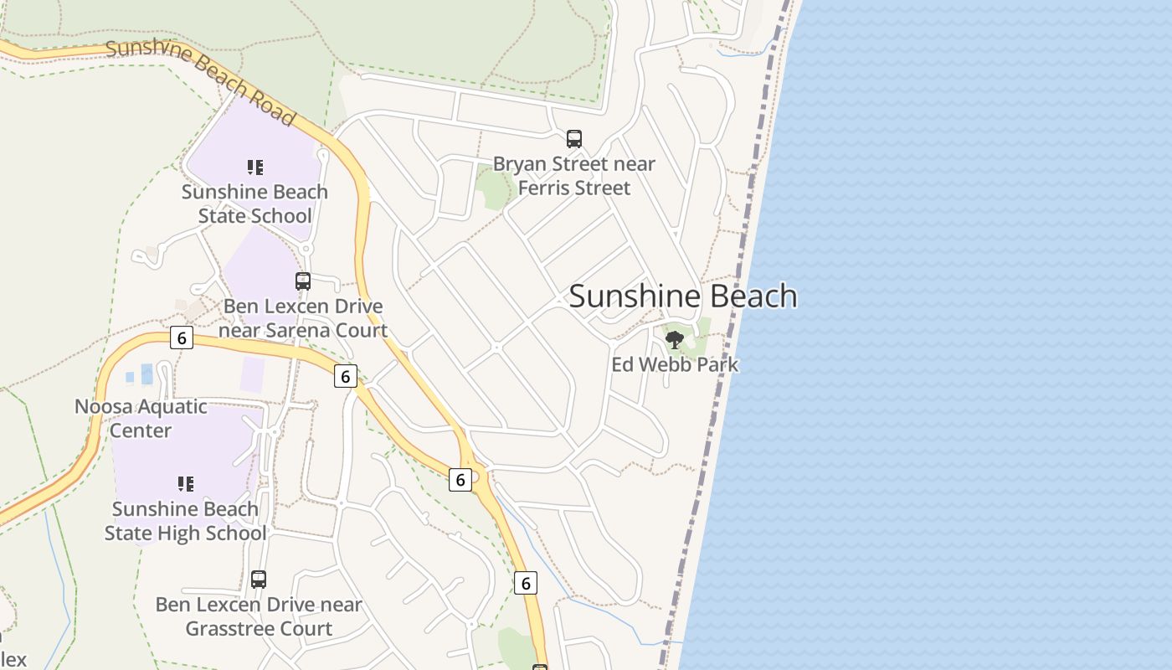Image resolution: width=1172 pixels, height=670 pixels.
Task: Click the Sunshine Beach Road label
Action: pyautogui.click(x=201, y=81)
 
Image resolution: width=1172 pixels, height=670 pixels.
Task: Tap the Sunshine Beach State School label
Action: pyautogui.click(x=254, y=204)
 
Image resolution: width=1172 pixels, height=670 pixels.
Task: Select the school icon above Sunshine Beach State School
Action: pyautogui.click(x=255, y=167)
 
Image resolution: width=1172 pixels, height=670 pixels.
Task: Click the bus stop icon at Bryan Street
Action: pyautogui.click(x=574, y=139)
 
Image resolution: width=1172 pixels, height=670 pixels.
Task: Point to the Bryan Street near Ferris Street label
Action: pyautogui.click(x=574, y=176)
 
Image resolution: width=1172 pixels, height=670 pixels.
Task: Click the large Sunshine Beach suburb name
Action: pyautogui.click(x=683, y=296)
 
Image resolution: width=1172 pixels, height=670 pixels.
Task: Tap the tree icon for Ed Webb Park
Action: pyautogui.click(x=675, y=340)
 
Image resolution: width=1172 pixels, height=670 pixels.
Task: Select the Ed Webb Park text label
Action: pyautogui.click(x=675, y=364)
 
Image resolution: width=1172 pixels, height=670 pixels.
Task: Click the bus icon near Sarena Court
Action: pyautogui.click(x=303, y=281)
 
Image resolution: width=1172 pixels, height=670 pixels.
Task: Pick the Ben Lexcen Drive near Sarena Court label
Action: pyautogui.click(x=303, y=318)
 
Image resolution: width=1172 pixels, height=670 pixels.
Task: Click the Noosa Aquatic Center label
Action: pyautogui.click(x=141, y=419)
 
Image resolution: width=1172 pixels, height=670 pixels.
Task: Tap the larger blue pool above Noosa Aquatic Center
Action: pyautogui.click(x=147, y=374)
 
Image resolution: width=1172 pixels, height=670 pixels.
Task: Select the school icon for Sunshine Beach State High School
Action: pyautogui.click(x=186, y=483)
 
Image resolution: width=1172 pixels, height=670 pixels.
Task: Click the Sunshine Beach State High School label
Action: pyautogui.click(x=186, y=521)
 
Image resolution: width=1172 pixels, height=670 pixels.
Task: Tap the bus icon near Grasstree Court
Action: pyautogui.click(x=259, y=580)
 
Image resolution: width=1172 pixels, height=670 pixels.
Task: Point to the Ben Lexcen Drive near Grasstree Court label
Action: pyautogui.click(x=259, y=616)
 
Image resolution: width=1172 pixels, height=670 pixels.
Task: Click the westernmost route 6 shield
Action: pyautogui.click(x=181, y=338)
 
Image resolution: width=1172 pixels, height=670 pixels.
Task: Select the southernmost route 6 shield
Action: pyautogui.click(x=525, y=583)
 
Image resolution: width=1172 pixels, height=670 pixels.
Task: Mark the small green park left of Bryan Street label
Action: pyautogui.click(x=494, y=188)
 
